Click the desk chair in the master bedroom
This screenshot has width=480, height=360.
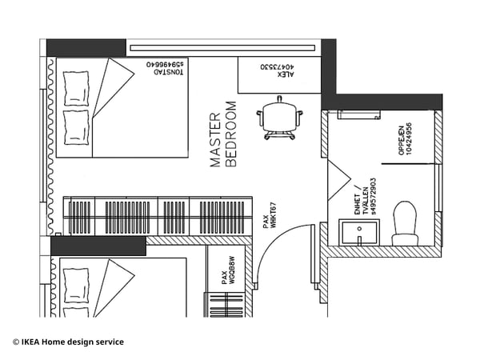279,118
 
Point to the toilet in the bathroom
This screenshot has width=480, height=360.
405,225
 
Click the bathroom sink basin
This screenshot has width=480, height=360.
358,234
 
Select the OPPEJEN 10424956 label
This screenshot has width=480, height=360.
405,141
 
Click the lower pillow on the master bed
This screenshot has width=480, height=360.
76,126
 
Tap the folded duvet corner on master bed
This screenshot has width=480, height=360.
112,88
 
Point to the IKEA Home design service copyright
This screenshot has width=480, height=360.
68,342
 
